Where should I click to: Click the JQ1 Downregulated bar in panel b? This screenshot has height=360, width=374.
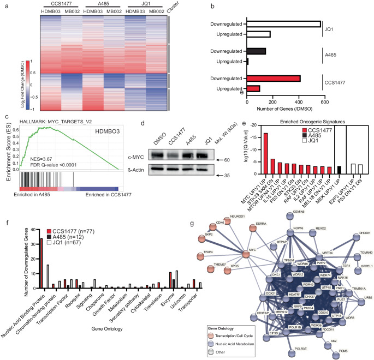click(x=284, y=24)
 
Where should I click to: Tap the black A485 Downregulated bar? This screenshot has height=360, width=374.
click(x=257, y=51)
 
